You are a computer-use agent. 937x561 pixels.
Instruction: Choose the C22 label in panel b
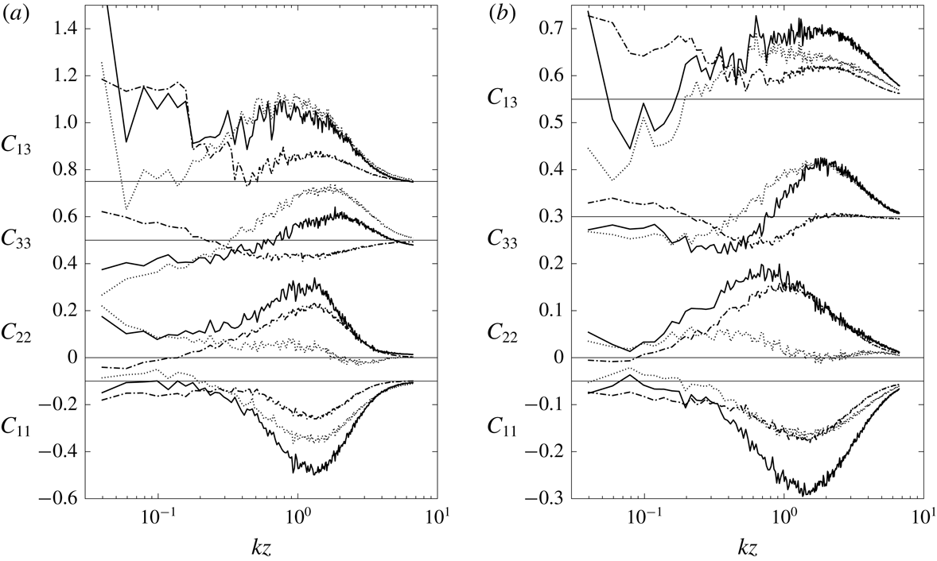(x=503, y=331)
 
